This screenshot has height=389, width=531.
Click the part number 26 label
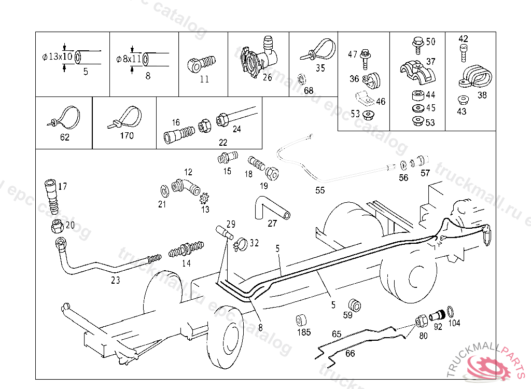[x=267, y=78]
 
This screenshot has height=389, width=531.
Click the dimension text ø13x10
[x=58, y=57]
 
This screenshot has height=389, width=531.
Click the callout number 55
[x=320, y=190]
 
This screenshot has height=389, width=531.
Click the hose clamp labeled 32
[x=240, y=243]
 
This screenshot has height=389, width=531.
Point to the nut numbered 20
[x=57, y=226]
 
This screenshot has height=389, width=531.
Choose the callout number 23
[x=116, y=280]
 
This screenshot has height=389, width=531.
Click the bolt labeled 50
[x=417, y=44]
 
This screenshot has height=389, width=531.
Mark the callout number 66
[x=350, y=353]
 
